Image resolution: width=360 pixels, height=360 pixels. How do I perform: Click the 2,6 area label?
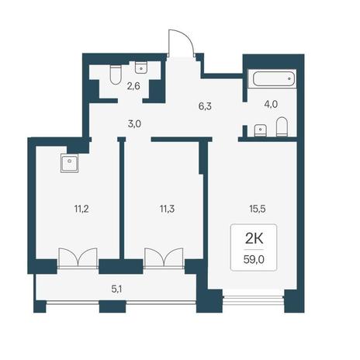133,86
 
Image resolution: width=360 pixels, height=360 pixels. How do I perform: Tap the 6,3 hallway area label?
205,106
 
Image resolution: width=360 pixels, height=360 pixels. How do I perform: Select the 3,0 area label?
134,124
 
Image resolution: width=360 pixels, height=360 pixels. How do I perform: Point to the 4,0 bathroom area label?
271,104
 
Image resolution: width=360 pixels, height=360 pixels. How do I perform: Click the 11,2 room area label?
81,209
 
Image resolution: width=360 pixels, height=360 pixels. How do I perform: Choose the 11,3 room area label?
167,209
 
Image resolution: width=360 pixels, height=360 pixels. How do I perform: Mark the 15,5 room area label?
258,209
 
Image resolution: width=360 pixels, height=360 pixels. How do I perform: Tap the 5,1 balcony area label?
116,289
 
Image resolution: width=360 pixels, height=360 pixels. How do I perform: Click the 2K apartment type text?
254,239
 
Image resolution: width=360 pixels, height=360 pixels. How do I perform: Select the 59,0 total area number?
254,259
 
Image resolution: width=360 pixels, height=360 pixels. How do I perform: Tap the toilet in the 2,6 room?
116,74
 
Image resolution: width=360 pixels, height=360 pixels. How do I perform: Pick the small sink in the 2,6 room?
141,67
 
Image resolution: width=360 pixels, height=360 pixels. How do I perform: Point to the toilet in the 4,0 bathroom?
282,126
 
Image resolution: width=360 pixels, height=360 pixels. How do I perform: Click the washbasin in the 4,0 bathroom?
261,130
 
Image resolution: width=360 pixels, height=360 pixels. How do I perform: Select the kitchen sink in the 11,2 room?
69,163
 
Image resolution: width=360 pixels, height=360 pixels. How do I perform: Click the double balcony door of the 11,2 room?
78,258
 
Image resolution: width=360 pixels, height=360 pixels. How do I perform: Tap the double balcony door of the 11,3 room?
164,258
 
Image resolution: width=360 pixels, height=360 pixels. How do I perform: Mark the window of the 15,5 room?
254,299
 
